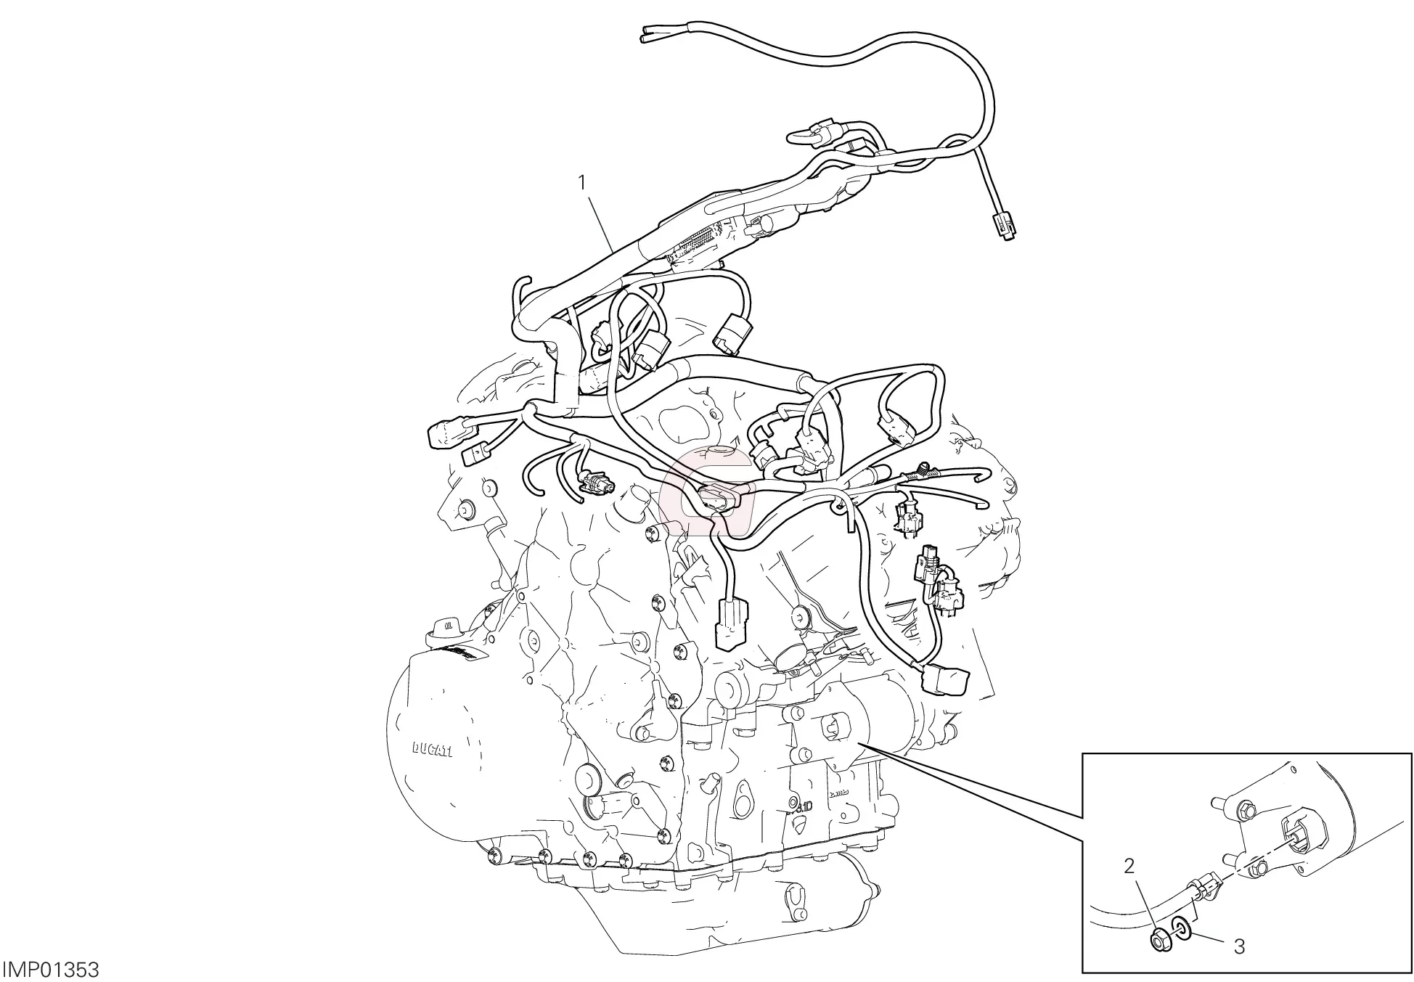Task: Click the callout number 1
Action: pyautogui.click(x=581, y=163)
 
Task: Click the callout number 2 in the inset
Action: pyautogui.click(x=1129, y=866)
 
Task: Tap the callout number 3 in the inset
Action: pyautogui.click(x=1240, y=946)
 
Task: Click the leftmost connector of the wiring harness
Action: pyautogui.click(x=441, y=435)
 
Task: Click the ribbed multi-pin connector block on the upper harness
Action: pyautogui.click(x=697, y=244)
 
